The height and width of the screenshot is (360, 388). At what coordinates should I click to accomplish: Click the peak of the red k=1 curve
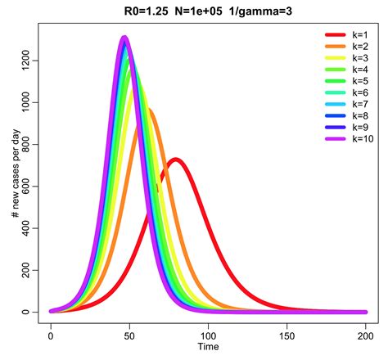pyautogui.click(x=176, y=160)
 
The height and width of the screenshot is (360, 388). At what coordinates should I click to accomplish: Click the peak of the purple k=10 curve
pyautogui.click(x=124, y=38)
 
